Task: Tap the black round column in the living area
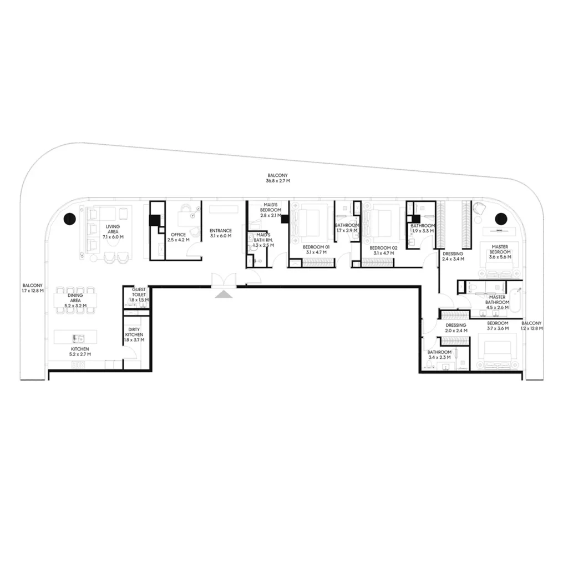(x=69, y=219)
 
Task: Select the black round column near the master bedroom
(x=501, y=219)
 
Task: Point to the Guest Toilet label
(x=138, y=295)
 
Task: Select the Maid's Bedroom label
(x=271, y=210)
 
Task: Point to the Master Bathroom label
(x=497, y=302)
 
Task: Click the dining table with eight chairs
(x=75, y=301)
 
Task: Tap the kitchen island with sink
(x=75, y=337)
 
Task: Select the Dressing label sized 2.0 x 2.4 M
(x=455, y=328)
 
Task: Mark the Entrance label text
(x=220, y=233)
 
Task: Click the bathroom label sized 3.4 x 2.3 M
(x=439, y=355)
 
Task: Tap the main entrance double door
(x=224, y=280)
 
